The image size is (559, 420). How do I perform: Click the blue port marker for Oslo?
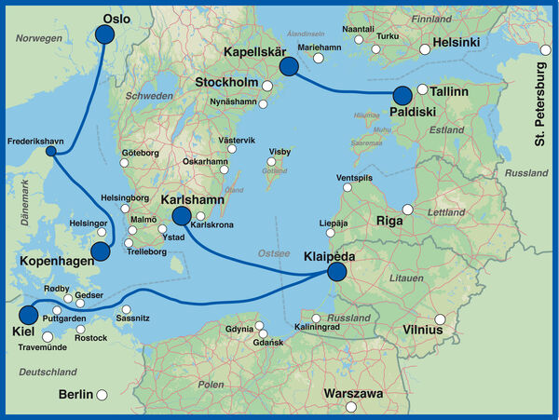click(104, 34)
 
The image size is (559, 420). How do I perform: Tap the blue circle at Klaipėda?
click(336, 271)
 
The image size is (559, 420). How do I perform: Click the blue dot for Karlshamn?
click(182, 217)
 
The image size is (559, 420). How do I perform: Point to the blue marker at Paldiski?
click(402, 95)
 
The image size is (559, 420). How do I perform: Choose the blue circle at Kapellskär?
click(289, 66)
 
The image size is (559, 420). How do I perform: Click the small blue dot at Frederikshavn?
click(51, 152)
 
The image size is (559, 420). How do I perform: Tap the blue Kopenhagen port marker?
click(101, 251)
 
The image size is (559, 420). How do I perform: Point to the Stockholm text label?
click(226, 84)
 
